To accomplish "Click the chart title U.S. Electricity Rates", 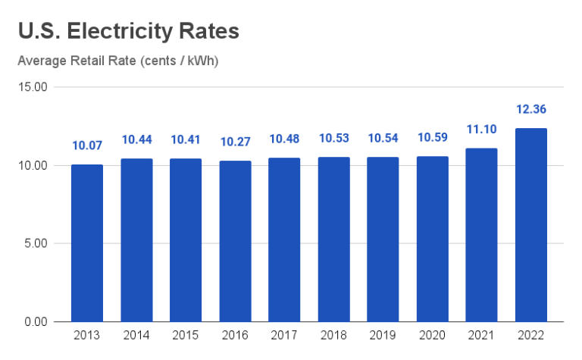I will pos(129,31).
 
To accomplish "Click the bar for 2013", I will pos(87,243).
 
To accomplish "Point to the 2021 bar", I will pos(481,235).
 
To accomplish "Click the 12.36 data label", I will pos(530,109).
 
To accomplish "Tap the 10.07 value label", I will pos(87,145).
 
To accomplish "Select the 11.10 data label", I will pos(481,129).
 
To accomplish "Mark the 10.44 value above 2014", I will pos(136,139).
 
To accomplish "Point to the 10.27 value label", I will pos(235,142).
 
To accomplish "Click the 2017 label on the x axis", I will pos(284,335).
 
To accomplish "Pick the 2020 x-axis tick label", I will pos(432,335).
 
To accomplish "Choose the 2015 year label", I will pos(186,335).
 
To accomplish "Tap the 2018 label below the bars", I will pos(333,335).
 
